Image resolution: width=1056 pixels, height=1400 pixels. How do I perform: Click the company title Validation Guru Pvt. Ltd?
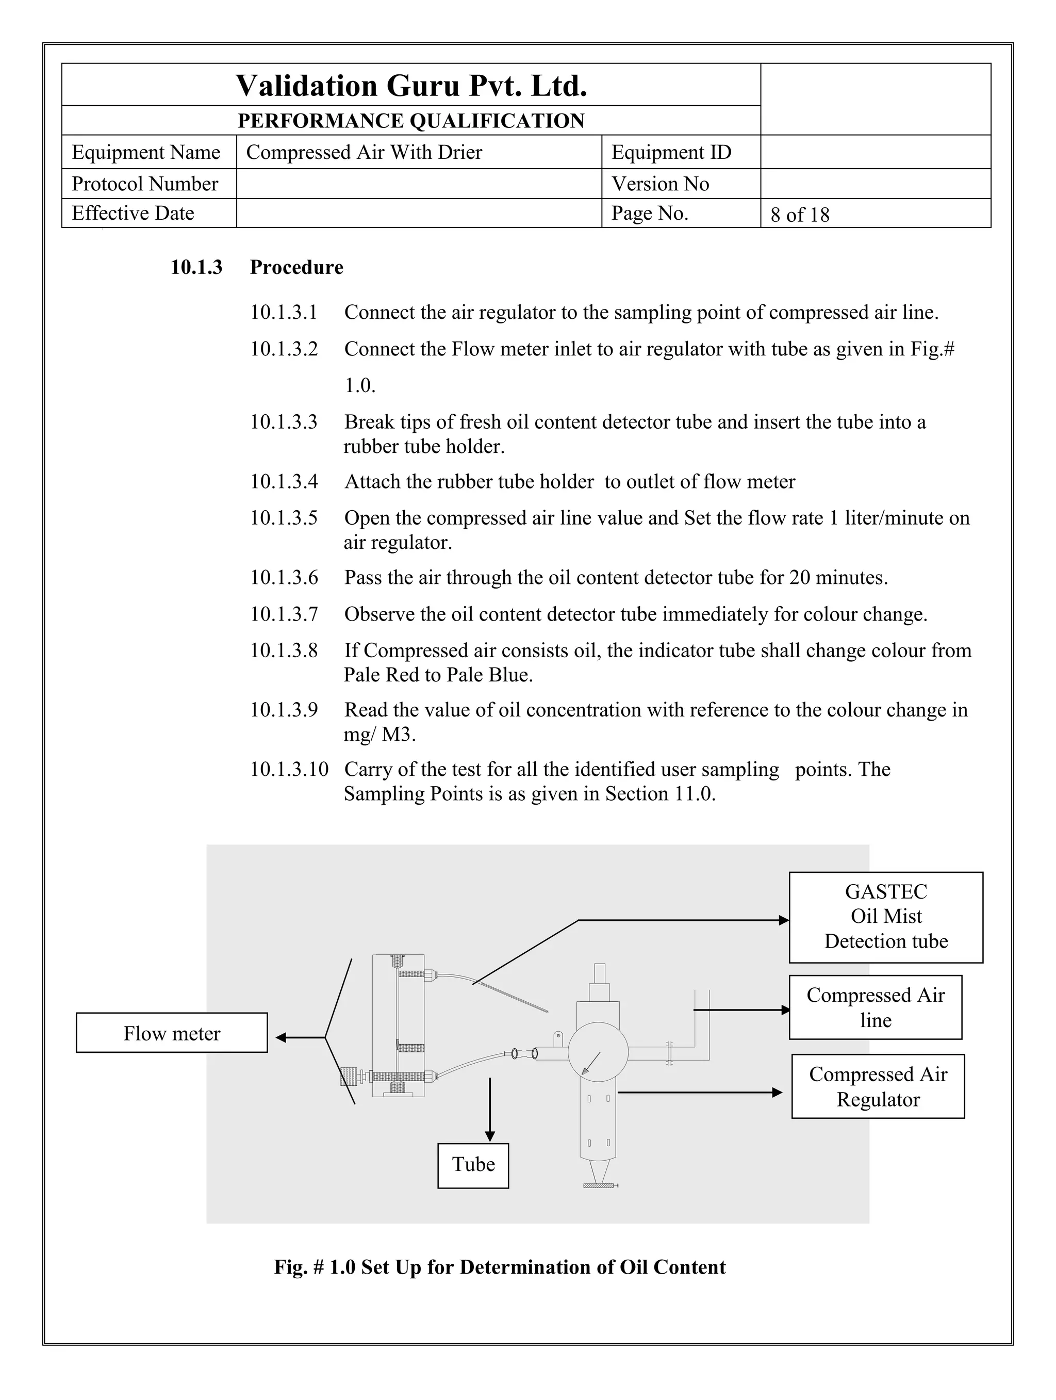(411, 86)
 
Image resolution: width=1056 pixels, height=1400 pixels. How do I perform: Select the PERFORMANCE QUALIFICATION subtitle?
(411, 120)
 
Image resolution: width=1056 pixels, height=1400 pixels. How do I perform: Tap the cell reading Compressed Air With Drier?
(364, 153)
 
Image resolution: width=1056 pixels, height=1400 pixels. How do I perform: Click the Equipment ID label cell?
(671, 153)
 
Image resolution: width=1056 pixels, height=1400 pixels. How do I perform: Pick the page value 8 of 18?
(800, 215)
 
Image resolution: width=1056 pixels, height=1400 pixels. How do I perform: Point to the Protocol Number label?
(145, 184)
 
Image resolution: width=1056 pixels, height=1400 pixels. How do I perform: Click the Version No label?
(660, 184)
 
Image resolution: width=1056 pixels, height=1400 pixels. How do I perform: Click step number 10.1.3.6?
(284, 578)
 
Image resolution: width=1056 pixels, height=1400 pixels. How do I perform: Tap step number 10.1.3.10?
(289, 770)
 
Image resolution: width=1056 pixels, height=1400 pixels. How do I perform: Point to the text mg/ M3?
(379, 735)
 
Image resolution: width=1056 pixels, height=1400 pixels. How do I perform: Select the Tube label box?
(473, 1165)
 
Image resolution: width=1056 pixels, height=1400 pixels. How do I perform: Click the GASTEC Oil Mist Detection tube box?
(886, 917)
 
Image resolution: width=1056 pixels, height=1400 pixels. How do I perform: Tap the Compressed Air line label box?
(875, 1007)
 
